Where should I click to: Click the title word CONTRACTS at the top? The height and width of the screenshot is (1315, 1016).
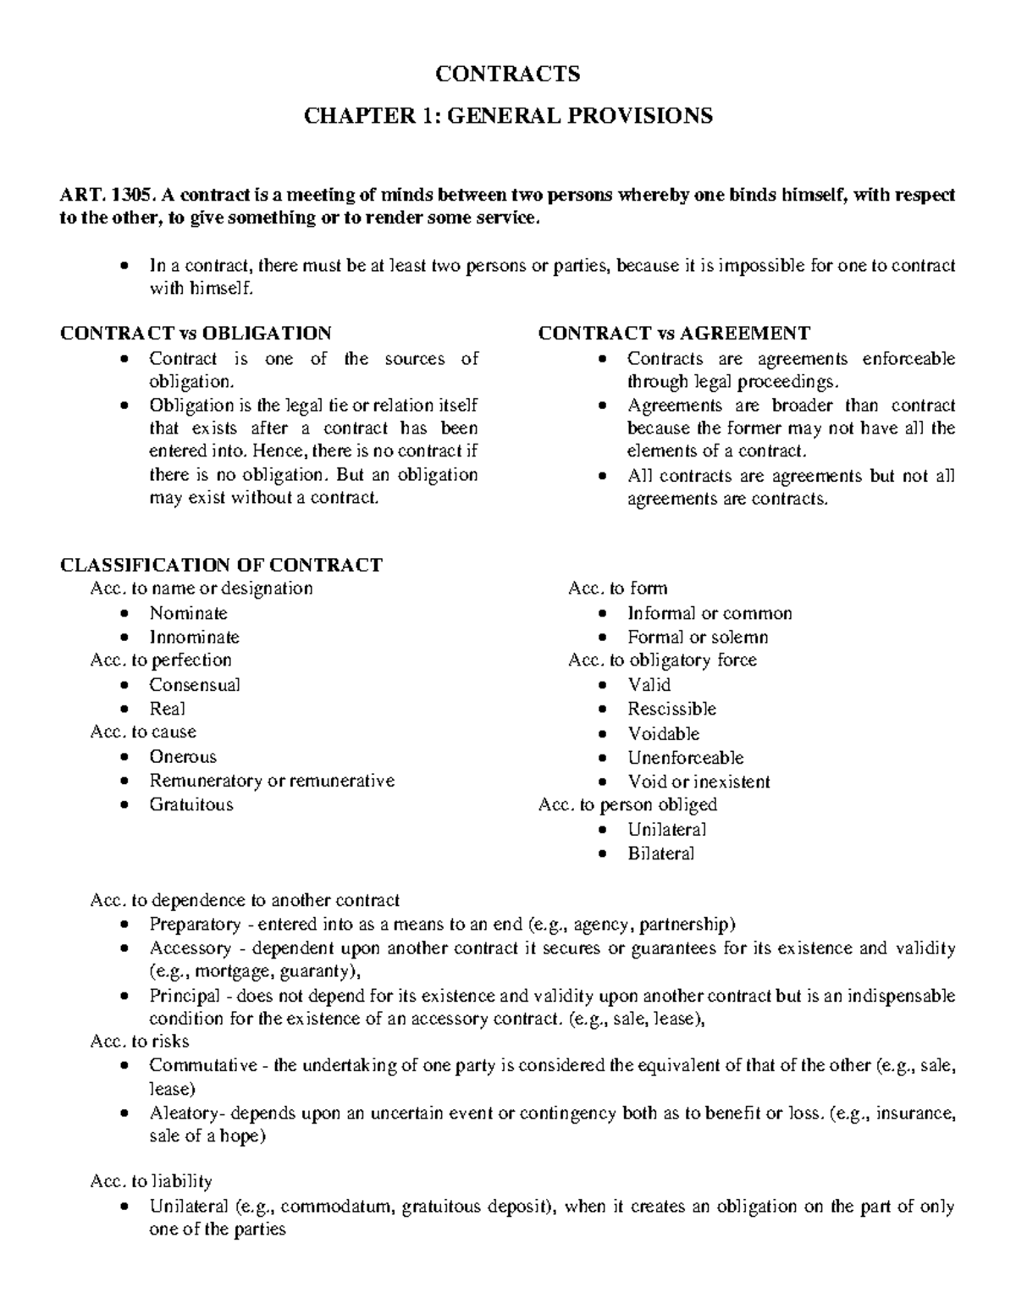coord(507,75)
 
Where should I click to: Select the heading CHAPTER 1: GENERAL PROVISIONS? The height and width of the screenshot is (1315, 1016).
coord(507,115)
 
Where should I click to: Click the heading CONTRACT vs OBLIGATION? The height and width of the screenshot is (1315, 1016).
coord(196,334)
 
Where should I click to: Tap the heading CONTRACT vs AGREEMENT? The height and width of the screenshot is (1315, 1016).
coord(674,334)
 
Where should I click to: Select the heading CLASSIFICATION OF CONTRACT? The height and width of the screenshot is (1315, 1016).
coord(221,565)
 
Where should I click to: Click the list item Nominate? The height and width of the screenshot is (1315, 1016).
coord(188,613)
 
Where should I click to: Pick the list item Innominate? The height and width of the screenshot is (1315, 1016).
coord(194,637)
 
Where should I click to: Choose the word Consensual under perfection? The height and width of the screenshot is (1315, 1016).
coord(195,685)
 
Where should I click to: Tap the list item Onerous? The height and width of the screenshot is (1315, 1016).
coord(183,757)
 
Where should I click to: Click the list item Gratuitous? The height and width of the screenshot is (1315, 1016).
coord(191,804)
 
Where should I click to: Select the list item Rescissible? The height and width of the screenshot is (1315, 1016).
coord(671,709)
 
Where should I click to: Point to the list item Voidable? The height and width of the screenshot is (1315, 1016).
coord(663,733)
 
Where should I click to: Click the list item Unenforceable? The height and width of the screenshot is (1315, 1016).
coord(685,757)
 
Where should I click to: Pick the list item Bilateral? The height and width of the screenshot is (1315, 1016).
coord(660,854)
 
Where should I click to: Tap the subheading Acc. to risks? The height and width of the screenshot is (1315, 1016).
coord(139,1042)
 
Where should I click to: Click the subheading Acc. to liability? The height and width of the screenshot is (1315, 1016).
coord(151,1180)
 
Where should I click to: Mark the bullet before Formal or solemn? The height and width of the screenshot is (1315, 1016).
coord(602,638)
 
